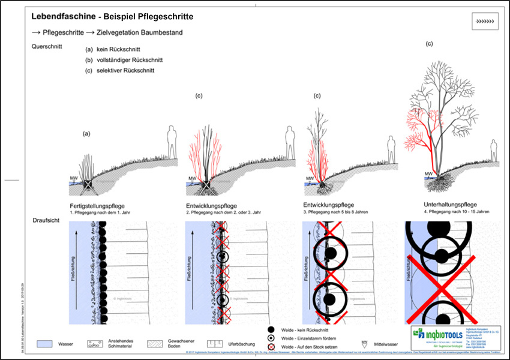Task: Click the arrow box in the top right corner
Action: pyautogui.click(x=485, y=22)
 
